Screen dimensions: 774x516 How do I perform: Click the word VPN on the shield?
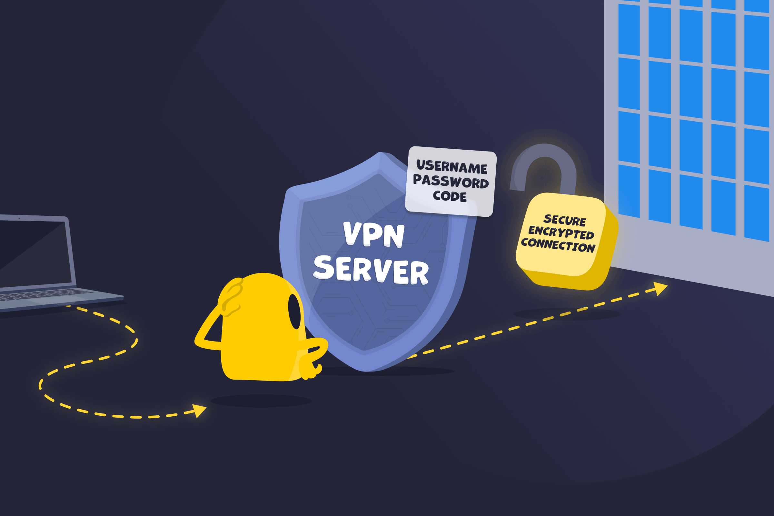click(373, 234)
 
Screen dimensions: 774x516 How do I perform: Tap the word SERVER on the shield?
click(371, 270)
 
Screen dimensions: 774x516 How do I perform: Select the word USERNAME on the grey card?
click(452, 167)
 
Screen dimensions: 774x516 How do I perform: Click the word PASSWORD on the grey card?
click(451, 182)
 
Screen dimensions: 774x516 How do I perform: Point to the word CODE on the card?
click(450, 196)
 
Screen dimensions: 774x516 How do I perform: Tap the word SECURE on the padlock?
click(565, 221)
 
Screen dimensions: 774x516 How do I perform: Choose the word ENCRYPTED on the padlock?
click(561, 233)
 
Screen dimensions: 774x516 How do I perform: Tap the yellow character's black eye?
click(294, 311)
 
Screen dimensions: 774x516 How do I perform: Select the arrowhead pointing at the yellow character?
click(199, 411)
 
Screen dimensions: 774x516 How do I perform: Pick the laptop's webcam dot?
click(19, 219)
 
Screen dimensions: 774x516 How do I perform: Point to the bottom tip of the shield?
click(366, 372)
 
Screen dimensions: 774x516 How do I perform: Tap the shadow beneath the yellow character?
click(261, 401)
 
